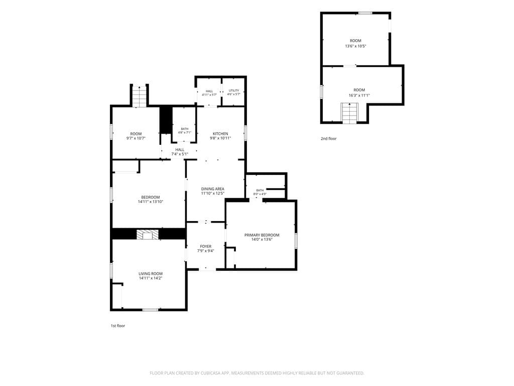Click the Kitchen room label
[220, 134]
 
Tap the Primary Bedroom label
[262, 235]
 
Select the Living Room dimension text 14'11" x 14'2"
[151, 278]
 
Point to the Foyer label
[206, 246]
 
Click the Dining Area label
[213, 189]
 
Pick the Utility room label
[234, 90]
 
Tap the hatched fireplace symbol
[148, 234]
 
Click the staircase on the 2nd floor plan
[349, 113]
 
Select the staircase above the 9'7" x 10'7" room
[139, 96]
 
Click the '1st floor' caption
[117, 326]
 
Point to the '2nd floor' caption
[328, 139]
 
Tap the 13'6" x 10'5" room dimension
[356, 46]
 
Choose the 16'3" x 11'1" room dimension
[359, 95]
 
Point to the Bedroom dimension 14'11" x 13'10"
[151, 202]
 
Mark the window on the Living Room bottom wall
[150, 310]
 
